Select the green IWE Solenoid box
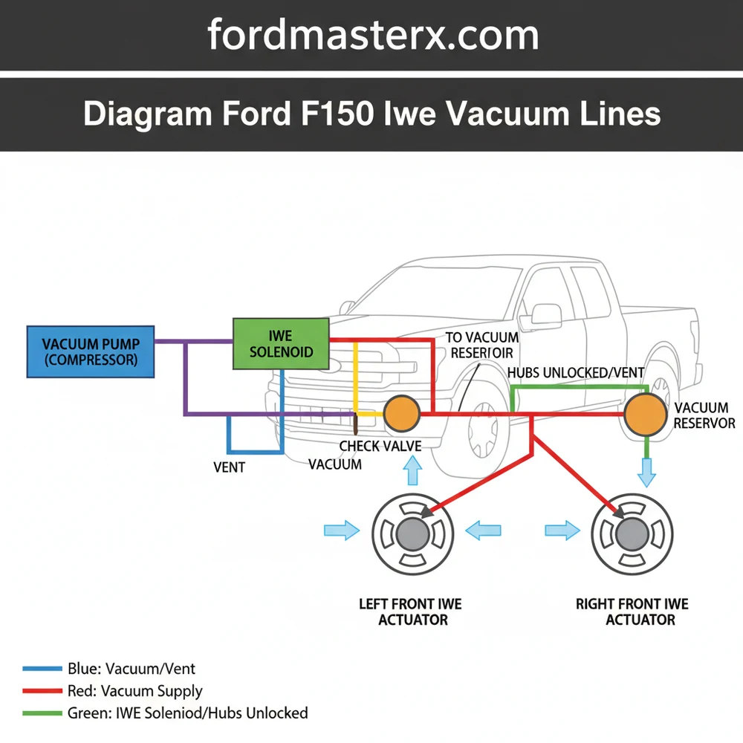[x=281, y=344]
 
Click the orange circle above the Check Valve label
[x=402, y=412]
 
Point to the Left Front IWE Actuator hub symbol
[x=412, y=533]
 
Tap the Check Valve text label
[x=380, y=447]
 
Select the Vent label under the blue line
[x=229, y=468]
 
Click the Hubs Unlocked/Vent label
[x=575, y=373]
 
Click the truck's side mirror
[x=546, y=313]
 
